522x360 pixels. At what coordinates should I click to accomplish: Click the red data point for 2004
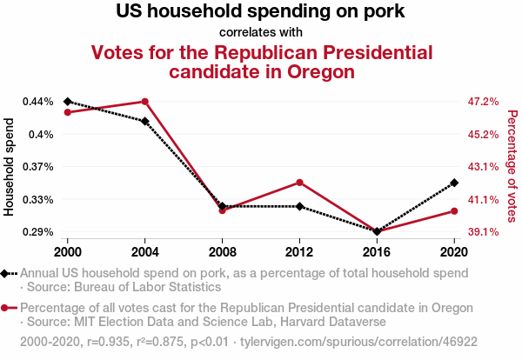[x=145, y=102]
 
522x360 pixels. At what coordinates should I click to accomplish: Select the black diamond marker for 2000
[x=68, y=102]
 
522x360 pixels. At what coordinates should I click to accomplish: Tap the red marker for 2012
[x=299, y=183]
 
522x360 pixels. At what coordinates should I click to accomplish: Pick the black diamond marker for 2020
[x=454, y=183]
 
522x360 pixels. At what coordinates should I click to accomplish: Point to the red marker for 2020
[x=454, y=211]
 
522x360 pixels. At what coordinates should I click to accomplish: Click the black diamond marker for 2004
[x=145, y=121]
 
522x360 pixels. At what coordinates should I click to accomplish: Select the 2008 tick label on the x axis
[x=222, y=251]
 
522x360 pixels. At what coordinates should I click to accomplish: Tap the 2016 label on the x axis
[x=377, y=251]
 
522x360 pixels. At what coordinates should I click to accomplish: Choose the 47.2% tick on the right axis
[x=483, y=102]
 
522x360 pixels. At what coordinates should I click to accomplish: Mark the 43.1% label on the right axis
[x=483, y=167]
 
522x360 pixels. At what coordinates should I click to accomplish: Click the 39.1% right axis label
[x=483, y=232]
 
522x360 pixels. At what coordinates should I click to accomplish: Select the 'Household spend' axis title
[x=10, y=167]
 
